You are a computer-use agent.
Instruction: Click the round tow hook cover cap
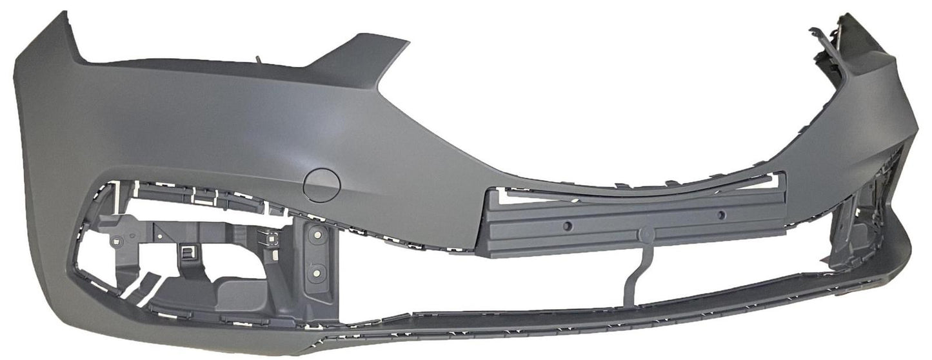[x=321, y=184]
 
